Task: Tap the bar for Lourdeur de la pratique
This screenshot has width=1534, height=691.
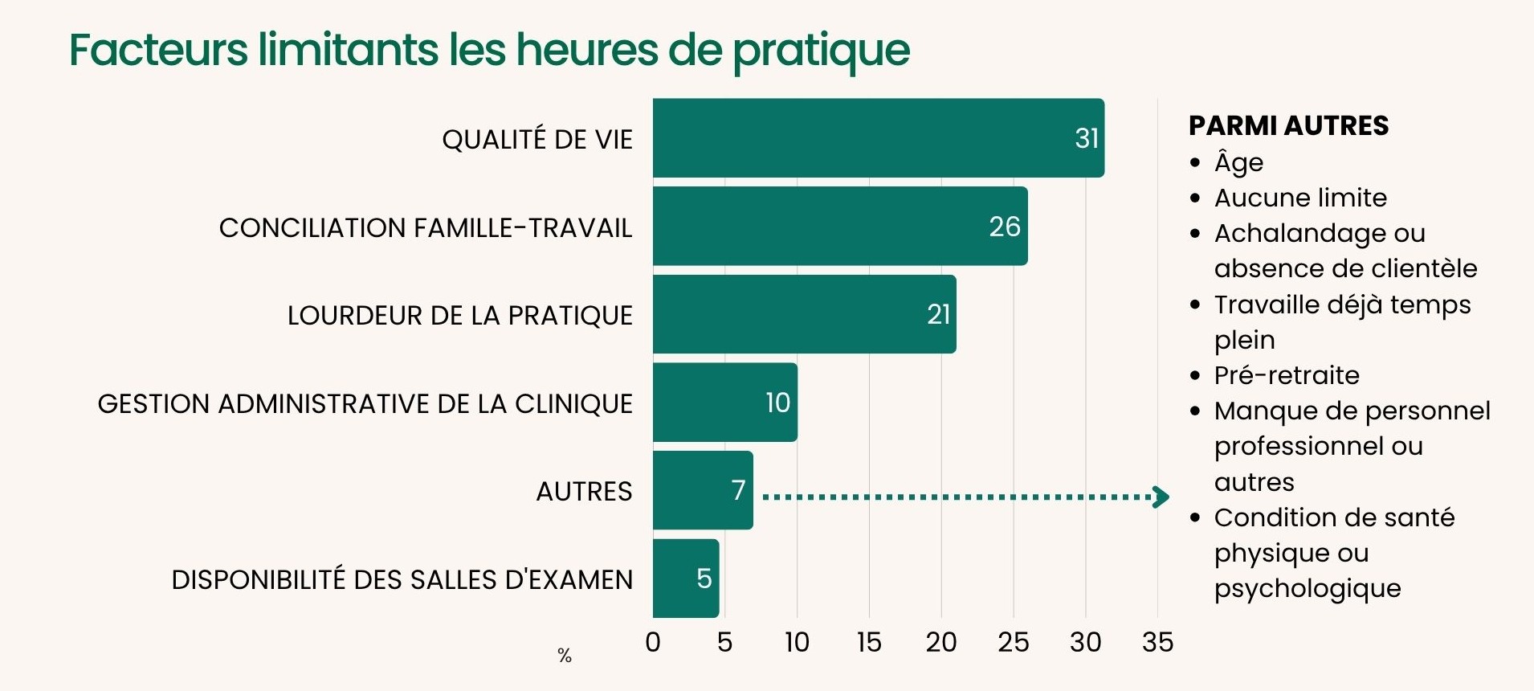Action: coord(803,314)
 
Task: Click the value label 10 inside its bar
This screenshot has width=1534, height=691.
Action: coord(777,403)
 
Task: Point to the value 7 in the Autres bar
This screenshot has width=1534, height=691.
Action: coord(739,490)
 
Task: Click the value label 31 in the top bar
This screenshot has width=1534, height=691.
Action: coord(1087,138)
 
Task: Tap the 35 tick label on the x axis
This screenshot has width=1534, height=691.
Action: coord(1157,642)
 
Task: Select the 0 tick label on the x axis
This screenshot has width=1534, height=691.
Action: coord(653,642)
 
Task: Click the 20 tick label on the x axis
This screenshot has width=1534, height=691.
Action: coord(941,642)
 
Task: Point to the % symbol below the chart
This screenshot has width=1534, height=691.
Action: coord(565,656)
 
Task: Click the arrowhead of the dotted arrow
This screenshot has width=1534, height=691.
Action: coord(1161,497)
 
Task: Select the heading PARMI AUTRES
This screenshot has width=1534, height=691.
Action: coord(1288,126)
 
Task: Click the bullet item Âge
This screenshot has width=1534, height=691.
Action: coord(1238,163)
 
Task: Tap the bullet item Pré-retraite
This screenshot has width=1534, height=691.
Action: coord(1287,375)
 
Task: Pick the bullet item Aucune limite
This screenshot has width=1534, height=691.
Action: coord(1300,198)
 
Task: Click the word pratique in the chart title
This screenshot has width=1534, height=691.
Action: coord(821,51)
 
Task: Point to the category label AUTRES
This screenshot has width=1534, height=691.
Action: coord(584,491)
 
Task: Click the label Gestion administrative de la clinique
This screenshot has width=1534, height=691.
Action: coord(365,403)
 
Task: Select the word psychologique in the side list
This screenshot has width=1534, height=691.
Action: coord(1308,589)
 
